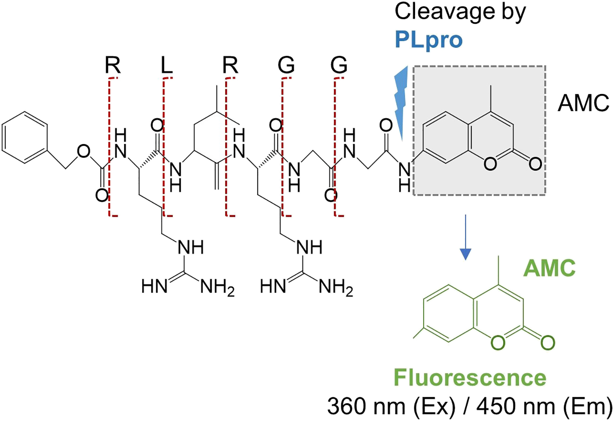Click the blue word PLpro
coord(428,40)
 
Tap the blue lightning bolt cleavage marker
coord(401,102)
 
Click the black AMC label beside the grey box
coord(583,103)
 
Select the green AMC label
coord(549,268)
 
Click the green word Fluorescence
coord(470,378)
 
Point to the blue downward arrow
coord(466,238)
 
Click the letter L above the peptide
coord(166,66)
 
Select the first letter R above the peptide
coord(112,66)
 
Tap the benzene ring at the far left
coord(25,137)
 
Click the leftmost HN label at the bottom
coord(154,287)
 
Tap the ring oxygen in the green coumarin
coord(498,343)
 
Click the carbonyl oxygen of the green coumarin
coord(547,343)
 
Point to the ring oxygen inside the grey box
coord(490,164)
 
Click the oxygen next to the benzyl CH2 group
coord(83,152)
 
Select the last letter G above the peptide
coord(339,66)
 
